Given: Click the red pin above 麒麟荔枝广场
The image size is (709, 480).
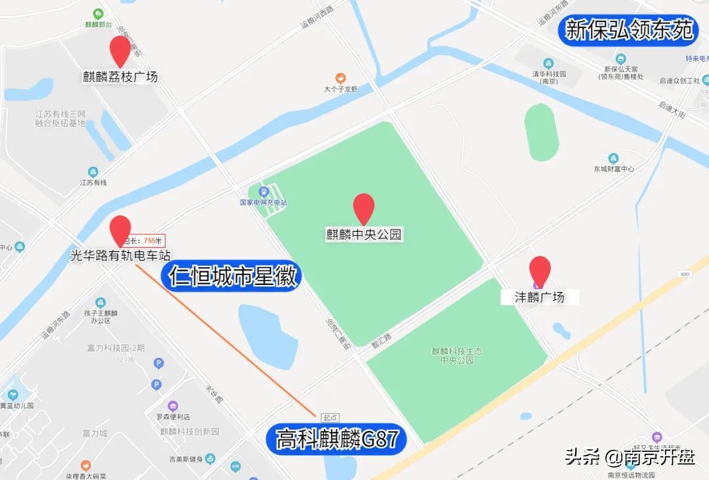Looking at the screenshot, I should point(120,50).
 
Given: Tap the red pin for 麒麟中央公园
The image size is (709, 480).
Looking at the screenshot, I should point(364,207).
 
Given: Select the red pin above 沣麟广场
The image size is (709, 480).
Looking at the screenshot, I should point(540,270).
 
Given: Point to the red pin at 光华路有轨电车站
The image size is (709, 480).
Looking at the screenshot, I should point(120,229).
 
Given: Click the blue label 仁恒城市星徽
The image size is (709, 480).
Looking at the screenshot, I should point(234,276).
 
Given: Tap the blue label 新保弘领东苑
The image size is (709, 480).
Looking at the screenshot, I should point(629,30).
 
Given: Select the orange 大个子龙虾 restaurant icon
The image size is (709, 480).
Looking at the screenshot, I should point(340,78).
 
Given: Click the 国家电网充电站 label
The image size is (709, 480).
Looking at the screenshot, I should point(263,202).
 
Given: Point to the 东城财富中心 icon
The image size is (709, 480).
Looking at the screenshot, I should point(613,158).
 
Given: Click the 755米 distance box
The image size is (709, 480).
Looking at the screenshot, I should point(146,241).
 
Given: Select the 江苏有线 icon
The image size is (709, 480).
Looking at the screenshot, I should point(93,171).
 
